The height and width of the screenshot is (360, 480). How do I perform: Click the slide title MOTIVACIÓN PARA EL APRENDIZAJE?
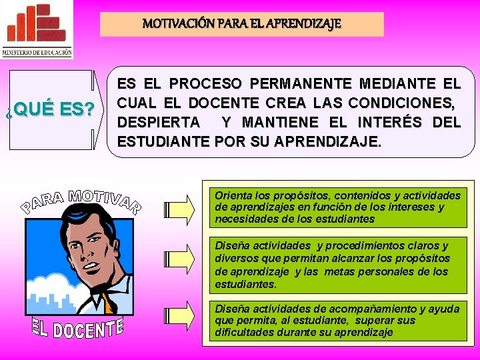coord(241,24)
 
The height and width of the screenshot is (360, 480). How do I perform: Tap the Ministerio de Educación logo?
coord(37,30)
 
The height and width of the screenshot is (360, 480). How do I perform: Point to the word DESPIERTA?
coord(158,123)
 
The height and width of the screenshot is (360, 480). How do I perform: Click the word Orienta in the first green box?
coord(232,195)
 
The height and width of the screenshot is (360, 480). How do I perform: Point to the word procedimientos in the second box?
coord(354,245)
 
